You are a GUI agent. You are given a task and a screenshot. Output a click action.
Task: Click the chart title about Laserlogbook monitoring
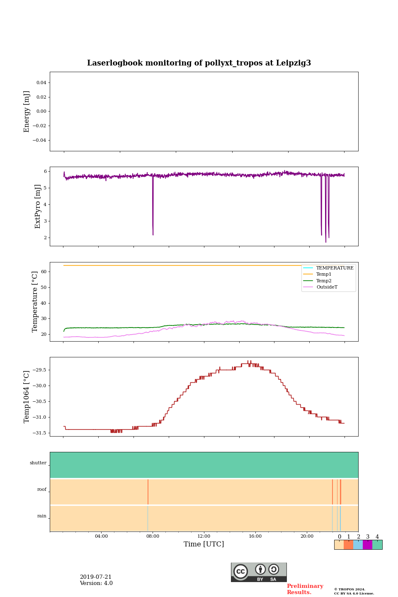click(199, 63)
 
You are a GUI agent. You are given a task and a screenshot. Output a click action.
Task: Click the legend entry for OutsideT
click(327, 287)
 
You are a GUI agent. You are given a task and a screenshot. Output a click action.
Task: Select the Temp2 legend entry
click(324, 281)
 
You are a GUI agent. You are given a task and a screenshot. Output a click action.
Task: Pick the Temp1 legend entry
click(324, 274)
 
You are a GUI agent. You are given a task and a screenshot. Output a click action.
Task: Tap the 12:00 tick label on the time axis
click(204, 536)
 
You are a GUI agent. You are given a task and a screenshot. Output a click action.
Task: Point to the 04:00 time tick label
click(101, 536)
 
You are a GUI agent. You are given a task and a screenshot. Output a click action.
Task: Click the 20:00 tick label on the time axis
click(307, 536)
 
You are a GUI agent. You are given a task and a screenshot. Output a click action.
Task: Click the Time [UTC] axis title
click(204, 544)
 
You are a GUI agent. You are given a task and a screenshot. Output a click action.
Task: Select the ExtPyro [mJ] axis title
click(38, 206)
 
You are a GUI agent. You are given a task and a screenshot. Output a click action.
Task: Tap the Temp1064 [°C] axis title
click(27, 397)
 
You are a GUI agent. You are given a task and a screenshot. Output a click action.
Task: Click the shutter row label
click(38, 463)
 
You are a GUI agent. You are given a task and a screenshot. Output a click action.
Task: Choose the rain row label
click(42, 516)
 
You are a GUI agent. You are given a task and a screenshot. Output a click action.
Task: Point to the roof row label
click(42, 490)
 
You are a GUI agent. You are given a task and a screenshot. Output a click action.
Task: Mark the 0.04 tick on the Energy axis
click(41, 83)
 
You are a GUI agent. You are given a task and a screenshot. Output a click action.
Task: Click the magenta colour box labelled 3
click(367, 545)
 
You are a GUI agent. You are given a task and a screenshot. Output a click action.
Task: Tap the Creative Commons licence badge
click(259, 572)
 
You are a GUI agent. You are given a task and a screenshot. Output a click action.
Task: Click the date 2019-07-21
click(96, 577)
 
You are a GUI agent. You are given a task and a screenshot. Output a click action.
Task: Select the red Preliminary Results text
click(305, 589)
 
